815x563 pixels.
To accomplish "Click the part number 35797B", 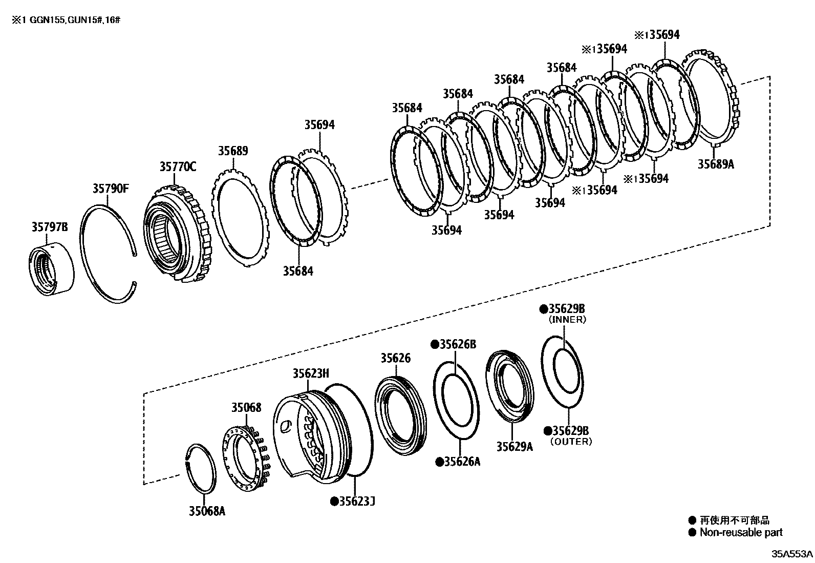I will pos(49,227).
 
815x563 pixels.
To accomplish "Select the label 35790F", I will pos(111,189).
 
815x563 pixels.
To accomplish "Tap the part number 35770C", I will pos(178,166).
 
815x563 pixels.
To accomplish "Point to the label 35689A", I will pos(716,164).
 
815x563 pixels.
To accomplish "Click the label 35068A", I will pos(207,511).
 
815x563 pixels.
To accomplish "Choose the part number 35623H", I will pos(311,373).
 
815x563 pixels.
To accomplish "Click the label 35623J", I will pos(353,501).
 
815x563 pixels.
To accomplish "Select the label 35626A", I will pos(458,462).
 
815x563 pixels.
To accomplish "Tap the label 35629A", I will pos(514,447).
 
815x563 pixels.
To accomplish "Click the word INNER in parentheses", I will pos(567,320).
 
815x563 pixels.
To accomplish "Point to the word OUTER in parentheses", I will pos(571,442).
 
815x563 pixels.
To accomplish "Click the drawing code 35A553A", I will pos(792,554).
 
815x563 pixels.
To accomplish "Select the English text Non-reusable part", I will pos(741,533).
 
